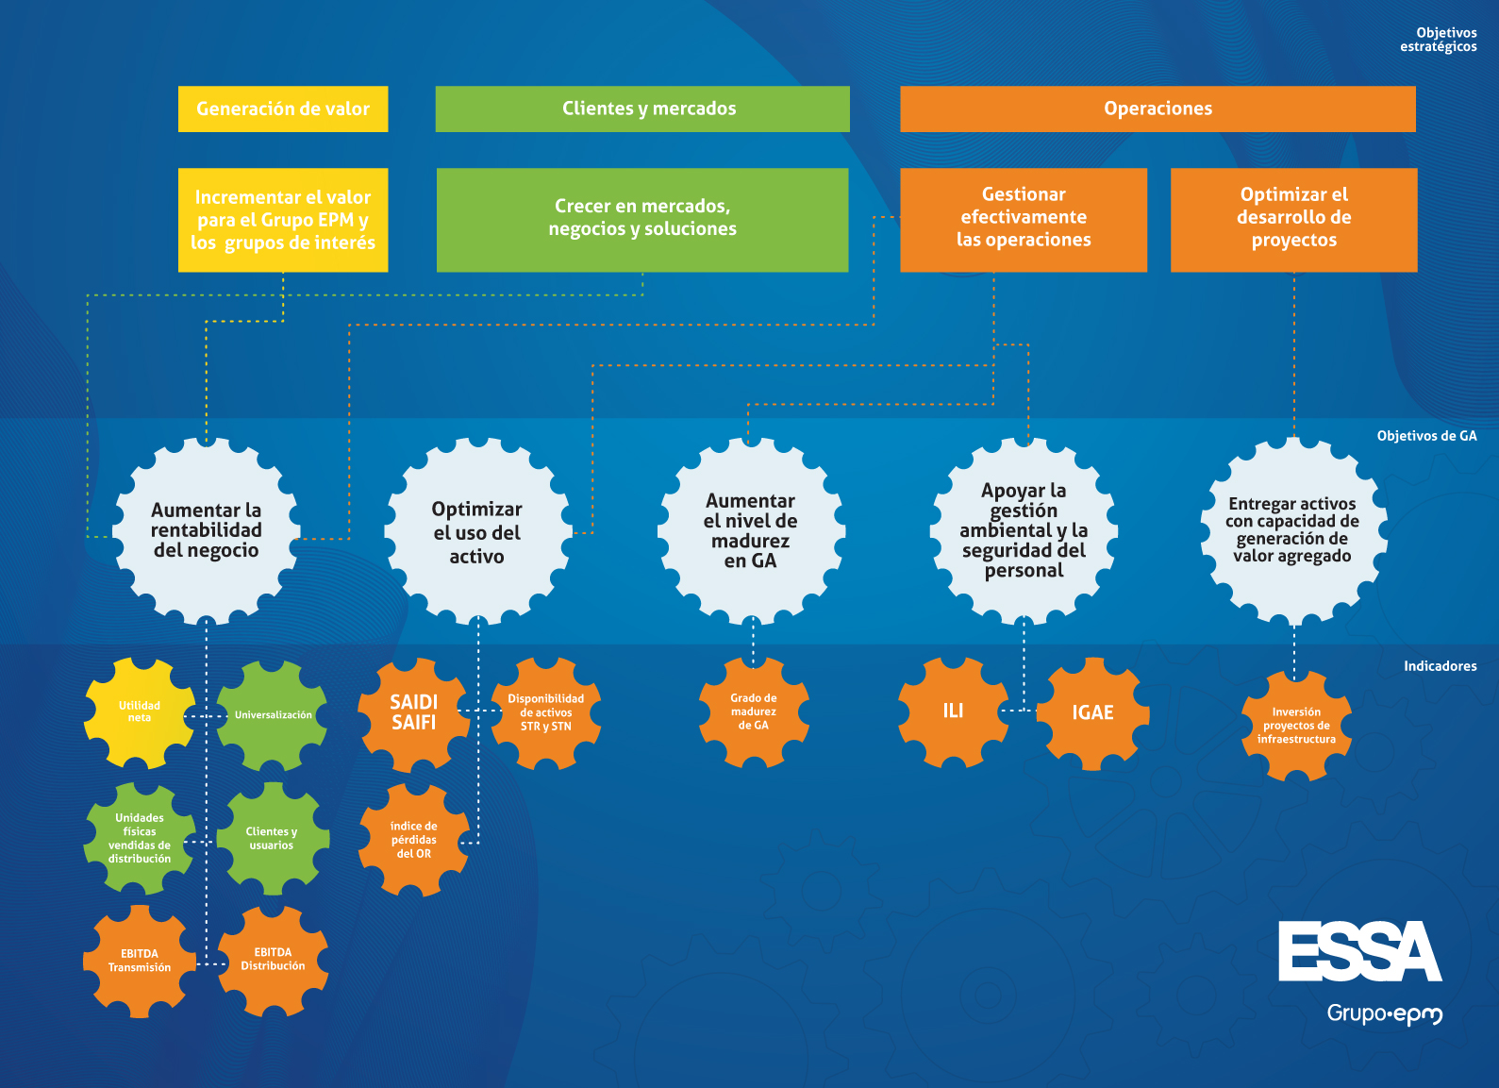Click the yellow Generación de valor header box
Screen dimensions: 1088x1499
[283, 109]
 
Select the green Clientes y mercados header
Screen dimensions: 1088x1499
[642, 109]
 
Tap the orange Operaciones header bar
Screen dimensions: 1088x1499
[1158, 109]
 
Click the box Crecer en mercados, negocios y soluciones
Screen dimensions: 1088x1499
[642, 220]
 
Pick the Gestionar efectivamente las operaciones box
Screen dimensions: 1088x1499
[1024, 220]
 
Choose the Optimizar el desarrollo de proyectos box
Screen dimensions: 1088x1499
[1293, 220]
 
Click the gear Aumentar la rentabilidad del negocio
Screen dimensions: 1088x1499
[207, 531]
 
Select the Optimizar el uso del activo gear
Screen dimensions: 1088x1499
[477, 532]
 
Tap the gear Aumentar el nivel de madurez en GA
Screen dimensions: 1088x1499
[751, 531]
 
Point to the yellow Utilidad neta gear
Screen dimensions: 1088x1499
[140, 712]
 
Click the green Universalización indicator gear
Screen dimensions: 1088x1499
[273, 715]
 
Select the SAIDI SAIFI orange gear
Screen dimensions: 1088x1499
[413, 713]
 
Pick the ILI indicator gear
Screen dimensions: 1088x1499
[953, 711]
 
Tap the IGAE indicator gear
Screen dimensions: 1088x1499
[1092, 713]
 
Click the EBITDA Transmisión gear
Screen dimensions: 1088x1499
[140, 961]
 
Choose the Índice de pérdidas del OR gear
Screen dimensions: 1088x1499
[413, 840]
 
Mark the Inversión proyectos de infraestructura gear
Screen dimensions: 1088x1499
[1296, 726]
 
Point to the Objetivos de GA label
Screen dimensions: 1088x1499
[1426, 436]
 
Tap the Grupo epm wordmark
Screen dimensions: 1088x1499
[1384, 1014]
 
